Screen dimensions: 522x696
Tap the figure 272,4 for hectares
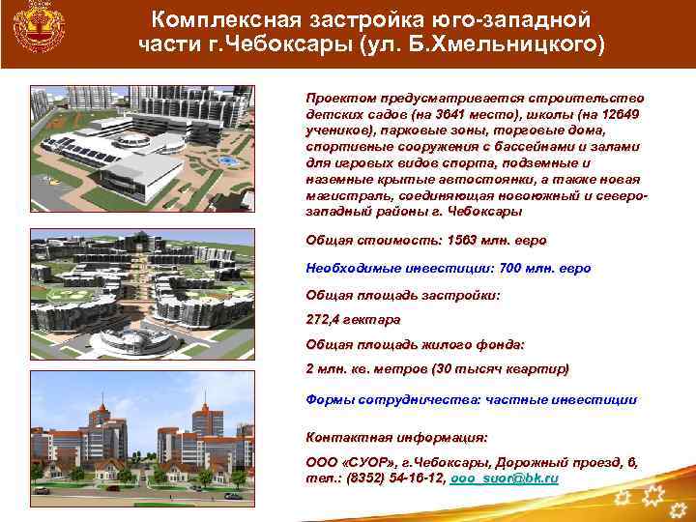coord(324,318)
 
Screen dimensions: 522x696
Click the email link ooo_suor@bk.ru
coord(505,478)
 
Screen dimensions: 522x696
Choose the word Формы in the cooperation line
coord(330,398)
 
